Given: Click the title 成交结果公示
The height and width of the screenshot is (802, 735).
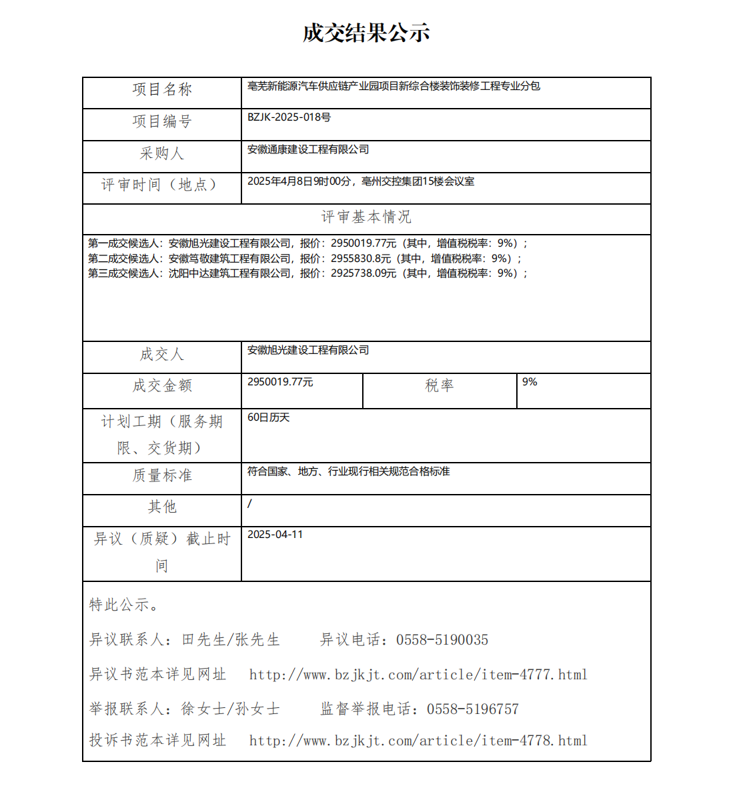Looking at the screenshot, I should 366,33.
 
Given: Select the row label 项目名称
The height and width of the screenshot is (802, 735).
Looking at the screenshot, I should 162,89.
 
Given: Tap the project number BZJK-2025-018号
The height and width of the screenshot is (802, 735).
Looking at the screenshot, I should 289,117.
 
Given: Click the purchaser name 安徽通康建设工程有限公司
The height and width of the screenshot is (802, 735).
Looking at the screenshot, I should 308,149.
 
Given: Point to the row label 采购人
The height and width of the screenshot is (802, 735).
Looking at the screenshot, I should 162,153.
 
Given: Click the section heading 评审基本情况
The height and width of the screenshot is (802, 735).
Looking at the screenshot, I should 366,217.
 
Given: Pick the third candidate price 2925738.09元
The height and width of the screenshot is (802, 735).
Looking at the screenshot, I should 363,273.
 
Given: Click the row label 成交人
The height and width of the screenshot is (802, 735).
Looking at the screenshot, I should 162,354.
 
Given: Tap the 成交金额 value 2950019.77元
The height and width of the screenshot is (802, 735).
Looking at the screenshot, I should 280,382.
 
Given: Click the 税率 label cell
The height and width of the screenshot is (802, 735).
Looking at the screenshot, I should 440,385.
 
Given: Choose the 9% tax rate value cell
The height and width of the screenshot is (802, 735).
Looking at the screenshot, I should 530,382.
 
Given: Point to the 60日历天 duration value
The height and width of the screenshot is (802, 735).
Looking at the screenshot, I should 269,417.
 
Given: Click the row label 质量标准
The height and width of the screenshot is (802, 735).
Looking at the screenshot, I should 162,475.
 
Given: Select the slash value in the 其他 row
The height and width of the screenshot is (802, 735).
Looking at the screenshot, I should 250,503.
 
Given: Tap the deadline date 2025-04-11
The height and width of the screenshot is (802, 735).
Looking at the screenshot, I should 275,535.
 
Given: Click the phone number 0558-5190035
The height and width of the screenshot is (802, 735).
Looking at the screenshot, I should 442,640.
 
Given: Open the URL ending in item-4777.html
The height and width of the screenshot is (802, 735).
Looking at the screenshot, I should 418,675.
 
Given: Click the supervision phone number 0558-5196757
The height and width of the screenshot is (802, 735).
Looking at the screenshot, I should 473,709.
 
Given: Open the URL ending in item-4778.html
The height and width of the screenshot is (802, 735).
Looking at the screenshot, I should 418,741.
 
